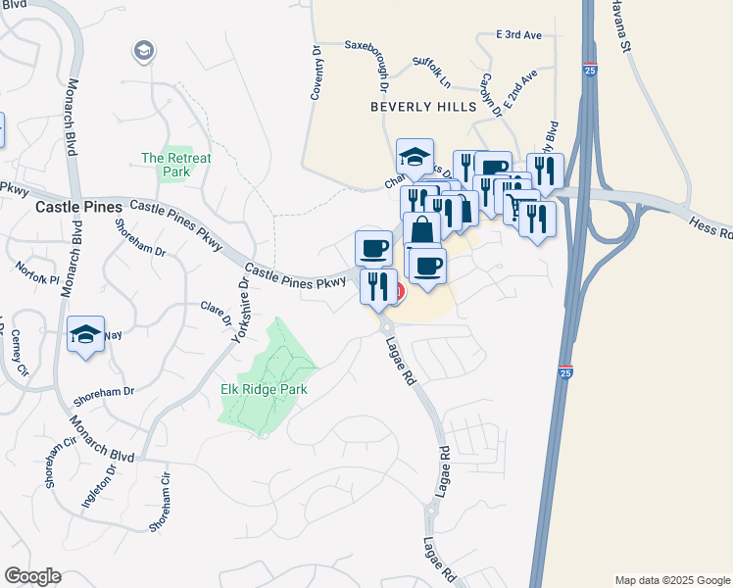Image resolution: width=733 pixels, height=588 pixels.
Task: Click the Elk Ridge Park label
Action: (x=265, y=389)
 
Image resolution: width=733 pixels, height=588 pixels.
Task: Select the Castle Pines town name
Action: (x=78, y=208)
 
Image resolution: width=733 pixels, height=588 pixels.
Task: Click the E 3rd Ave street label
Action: (x=518, y=35)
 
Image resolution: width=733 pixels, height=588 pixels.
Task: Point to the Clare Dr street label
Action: (x=217, y=314)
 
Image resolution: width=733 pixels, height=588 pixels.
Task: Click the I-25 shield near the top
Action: (x=588, y=71)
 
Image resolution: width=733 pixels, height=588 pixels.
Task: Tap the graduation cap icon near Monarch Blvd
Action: (x=86, y=334)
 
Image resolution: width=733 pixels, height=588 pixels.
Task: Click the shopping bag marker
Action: (x=421, y=231)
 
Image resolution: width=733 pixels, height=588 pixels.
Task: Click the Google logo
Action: (x=32, y=576)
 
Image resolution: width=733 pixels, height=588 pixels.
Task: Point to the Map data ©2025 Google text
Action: (x=672, y=580)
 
